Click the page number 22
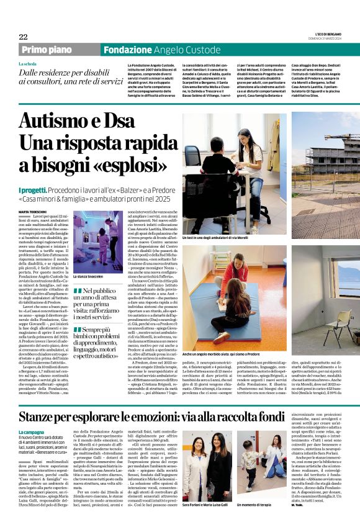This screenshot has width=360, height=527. [23, 37]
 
